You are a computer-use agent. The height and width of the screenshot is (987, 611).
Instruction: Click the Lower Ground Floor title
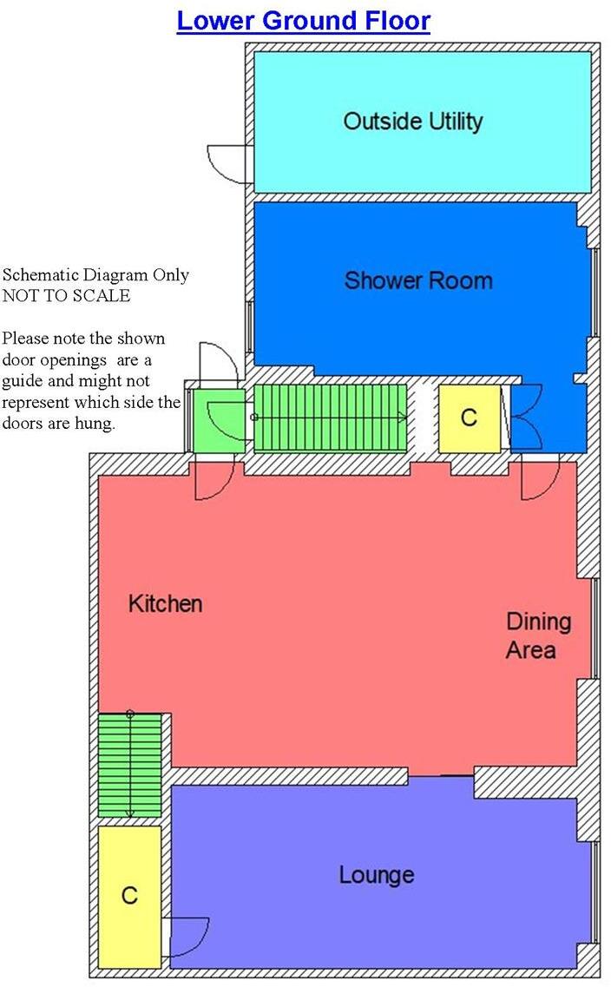[x=303, y=20]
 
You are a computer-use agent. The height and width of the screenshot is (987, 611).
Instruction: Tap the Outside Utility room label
[x=412, y=121]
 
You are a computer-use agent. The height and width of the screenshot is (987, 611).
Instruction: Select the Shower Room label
[x=417, y=280]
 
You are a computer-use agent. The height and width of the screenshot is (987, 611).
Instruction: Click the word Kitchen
[x=165, y=603]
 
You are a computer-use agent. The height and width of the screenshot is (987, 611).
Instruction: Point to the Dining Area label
[x=539, y=635]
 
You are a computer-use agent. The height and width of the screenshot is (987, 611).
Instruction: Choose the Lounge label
[x=376, y=874]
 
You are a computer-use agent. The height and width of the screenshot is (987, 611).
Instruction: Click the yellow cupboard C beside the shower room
[x=469, y=418]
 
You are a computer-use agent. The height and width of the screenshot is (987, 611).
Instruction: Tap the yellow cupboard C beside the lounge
[x=129, y=895]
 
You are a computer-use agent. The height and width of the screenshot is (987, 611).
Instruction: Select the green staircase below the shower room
[x=330, y=418]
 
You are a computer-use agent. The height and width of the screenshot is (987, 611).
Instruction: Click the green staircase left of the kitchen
[x=130, y=764]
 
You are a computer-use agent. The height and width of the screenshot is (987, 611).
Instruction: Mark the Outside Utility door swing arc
[x=228, y=163]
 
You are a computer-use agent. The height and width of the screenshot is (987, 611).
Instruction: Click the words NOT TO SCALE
[x=66, y=295]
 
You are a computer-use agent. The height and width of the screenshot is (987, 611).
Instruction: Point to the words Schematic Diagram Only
[x=95, y=275]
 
